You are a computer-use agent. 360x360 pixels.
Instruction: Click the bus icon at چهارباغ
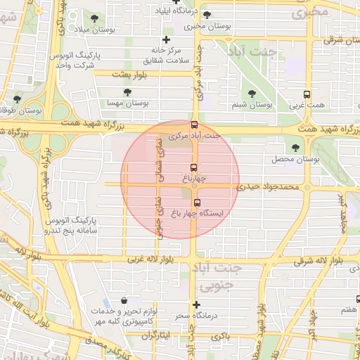coord(193,167)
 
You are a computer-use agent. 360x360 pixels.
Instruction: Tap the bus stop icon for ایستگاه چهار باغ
coord(196,202)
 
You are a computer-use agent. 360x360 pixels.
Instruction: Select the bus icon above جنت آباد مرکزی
coord(195,124)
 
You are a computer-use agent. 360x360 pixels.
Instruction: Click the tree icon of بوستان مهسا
coord(127,92)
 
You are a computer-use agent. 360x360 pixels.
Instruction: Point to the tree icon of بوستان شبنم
coord(252,94)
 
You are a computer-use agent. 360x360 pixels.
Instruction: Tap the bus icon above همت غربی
coord(307,94)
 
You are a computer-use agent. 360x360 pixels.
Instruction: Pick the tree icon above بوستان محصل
coord(295,148)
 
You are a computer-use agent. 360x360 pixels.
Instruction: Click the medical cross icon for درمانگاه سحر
coord(197,305)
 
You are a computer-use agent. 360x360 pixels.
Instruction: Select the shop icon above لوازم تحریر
coord(124,300)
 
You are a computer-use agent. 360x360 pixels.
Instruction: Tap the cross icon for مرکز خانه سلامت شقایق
coord(166,39)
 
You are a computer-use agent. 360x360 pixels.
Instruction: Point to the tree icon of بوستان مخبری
coord(206,15)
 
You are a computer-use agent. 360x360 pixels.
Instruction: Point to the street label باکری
coord(219,337)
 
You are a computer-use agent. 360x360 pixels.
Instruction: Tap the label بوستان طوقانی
coord(19,110)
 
